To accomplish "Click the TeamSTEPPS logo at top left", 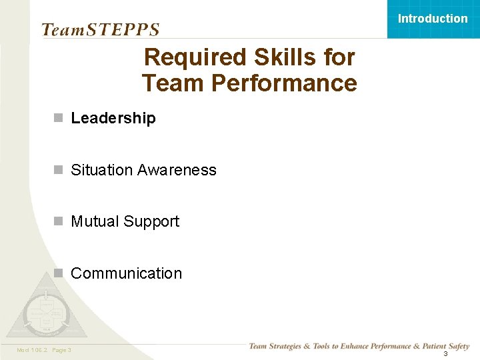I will coord(100,29).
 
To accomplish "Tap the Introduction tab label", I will coord(433,19).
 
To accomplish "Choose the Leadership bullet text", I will coord(113,118).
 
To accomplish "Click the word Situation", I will coord(102,170).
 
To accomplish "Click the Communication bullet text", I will coord(126,273).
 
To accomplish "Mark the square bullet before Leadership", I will coord(59,118).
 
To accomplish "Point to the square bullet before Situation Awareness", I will coord(59,170).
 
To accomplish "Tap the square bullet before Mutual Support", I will coord(59,221).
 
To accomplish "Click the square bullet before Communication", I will coord(59,273).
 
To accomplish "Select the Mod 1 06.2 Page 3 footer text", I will coord(44,350).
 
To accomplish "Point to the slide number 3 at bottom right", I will coord(445,353).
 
